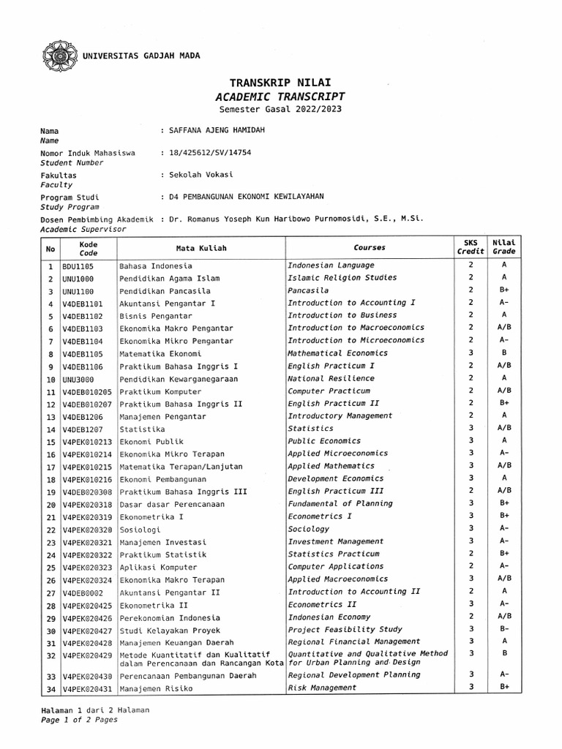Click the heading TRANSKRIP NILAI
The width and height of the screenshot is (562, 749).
point(280,83)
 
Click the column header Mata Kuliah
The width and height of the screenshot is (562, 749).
point(201,248)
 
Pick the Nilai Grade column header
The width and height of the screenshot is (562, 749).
point(504,247)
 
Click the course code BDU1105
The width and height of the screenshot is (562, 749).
point(78,266)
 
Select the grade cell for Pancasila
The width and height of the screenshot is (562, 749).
point(504,290)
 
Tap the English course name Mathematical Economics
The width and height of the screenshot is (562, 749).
point(337,353)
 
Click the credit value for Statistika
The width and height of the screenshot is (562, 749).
point(471,429)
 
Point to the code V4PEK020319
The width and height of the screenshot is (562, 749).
point(87,516)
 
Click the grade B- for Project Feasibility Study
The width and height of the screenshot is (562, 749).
point(504,629)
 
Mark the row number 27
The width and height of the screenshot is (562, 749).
point(50,592)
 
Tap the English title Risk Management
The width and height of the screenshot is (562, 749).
point(322,688)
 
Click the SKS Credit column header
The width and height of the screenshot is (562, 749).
point(471,247)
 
